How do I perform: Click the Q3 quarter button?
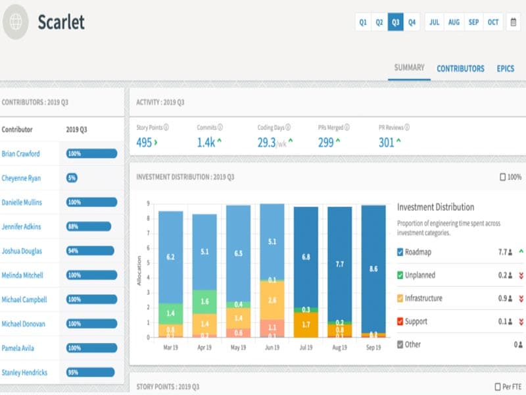[x=396, y=22]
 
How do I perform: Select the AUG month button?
[x=454, y=22]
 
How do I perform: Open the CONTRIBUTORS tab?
[x=460, y=68]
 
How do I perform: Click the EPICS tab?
[x=506, y=68]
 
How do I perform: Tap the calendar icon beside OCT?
[x=513, y=22]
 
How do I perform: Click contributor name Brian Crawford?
[x=21, y=154]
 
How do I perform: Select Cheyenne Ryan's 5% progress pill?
[x=72, y=178]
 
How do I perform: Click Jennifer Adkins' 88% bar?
[x=88, y=226]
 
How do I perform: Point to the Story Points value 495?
[x=144, y=142]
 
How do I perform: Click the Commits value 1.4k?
[x=206, y=142]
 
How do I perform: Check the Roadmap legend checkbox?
[x=401, y=251]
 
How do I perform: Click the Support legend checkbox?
[x=401, y=321]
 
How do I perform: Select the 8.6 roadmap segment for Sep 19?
[x=373, y=269]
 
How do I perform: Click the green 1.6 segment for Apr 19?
[x=204, y=302]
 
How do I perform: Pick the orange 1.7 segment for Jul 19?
[x=306, y=325]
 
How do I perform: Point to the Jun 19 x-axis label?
[x=272, y=347]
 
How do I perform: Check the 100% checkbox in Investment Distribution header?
[x=504, y=177]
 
